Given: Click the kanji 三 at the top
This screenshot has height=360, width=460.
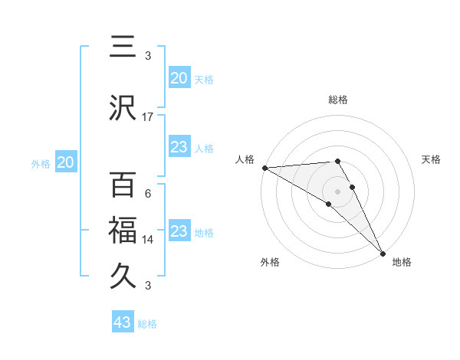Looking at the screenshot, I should coord(123,47).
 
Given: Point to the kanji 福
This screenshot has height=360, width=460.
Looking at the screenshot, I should coord(123,229).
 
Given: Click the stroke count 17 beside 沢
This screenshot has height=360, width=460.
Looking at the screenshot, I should coord(148,116).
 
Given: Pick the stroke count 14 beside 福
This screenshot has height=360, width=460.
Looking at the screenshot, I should coord(148,239).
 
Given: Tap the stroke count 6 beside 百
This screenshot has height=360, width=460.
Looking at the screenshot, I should coord(148,193).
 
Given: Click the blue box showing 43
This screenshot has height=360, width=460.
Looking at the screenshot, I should coord(123,322).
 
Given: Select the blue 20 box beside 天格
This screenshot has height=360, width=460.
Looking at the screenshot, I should coord(179,77).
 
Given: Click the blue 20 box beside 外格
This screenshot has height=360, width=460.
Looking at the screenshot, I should coord(66,162).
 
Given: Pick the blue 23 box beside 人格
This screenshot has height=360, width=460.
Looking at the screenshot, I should coord(179,148).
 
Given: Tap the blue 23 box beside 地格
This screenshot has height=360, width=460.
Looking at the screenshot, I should coord(179,231).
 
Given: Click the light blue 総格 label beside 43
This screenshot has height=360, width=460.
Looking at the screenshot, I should coord(147,324).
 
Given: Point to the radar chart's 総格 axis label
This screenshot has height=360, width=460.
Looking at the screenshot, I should coord(338,100).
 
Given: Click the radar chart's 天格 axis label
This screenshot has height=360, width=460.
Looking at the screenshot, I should coord(432,159).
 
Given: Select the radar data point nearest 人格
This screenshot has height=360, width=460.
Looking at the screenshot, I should coord(264,168).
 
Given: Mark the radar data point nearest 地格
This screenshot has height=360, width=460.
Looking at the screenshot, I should coord(383,253).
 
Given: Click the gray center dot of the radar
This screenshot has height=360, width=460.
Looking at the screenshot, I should coord(337,191).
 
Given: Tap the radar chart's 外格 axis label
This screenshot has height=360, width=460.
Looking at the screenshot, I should coord(270,262).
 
